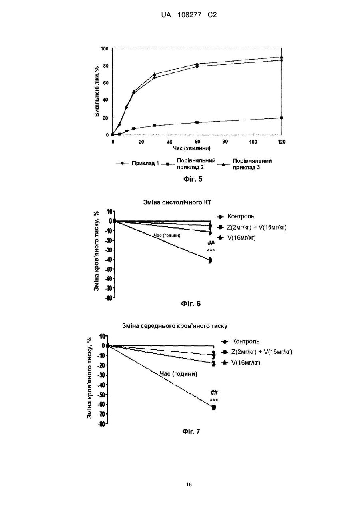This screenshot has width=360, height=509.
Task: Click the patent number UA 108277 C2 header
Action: (189, 15)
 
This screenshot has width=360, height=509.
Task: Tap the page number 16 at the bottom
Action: (189, 485)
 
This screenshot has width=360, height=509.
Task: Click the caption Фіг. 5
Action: (193, 179)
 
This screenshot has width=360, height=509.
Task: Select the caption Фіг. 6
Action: (191, 304)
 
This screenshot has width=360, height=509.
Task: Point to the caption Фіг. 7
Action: (191, 431)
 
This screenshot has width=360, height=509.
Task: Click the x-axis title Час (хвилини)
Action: (191, 148)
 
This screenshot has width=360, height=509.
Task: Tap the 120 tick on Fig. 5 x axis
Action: (282, 142)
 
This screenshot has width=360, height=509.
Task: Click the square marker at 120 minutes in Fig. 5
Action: (282, 118)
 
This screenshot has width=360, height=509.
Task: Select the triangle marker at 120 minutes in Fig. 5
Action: (282, 57)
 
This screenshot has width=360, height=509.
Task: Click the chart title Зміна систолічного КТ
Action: (177, 202)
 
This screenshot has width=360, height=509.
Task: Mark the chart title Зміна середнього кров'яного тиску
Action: (175, 326)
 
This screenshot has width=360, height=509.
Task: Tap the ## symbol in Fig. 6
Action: (211, 243)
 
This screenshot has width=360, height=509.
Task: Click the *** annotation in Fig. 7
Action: (214, 400)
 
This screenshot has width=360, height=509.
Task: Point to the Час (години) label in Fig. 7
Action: (179, 374)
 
